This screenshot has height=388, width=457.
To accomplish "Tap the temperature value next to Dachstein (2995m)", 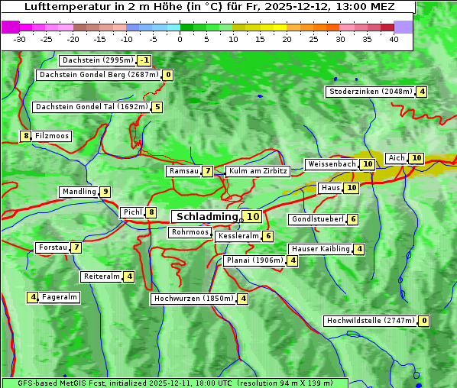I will pyautogui.click(x=144, y=60).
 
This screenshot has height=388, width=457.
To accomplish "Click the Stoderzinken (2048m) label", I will pyautogui.click(x=370, y=92).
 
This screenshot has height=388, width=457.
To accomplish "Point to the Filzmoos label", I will pyautogui.click(x=52, y=136).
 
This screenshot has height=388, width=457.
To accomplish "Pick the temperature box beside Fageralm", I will pyautogui.click(x=33, y=297).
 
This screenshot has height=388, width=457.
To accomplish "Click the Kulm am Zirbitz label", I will pyautogui.click(x=258, y=171).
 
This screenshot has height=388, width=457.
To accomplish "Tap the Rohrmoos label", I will pyautogui.click(x=190, y=232).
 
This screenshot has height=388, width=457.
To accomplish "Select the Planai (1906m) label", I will pyautogui.click(x=254, y=260).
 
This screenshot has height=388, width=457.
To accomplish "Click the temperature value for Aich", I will pyautogui.click(x=416, y=158).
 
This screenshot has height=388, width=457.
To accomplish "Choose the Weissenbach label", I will pyautogui.click(x=331, y=164).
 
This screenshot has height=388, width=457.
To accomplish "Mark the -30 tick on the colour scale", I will pyautogui.click(x=20, y=39).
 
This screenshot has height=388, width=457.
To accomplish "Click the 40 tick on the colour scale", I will pyautogui.click(x=394, y=39).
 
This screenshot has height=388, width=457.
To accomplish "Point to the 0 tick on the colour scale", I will pyautogui.click(x=180, y=39).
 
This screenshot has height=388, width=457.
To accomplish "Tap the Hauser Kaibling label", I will pyautogui.click(x=320, y=249).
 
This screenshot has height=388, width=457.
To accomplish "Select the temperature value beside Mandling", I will pyautogui.click(x=105, y=192).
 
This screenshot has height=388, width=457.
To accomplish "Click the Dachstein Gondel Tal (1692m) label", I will pyautogui.click(x=91, y=107).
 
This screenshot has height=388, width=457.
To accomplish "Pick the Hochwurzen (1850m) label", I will pyautogui.click(x=192, y=299).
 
